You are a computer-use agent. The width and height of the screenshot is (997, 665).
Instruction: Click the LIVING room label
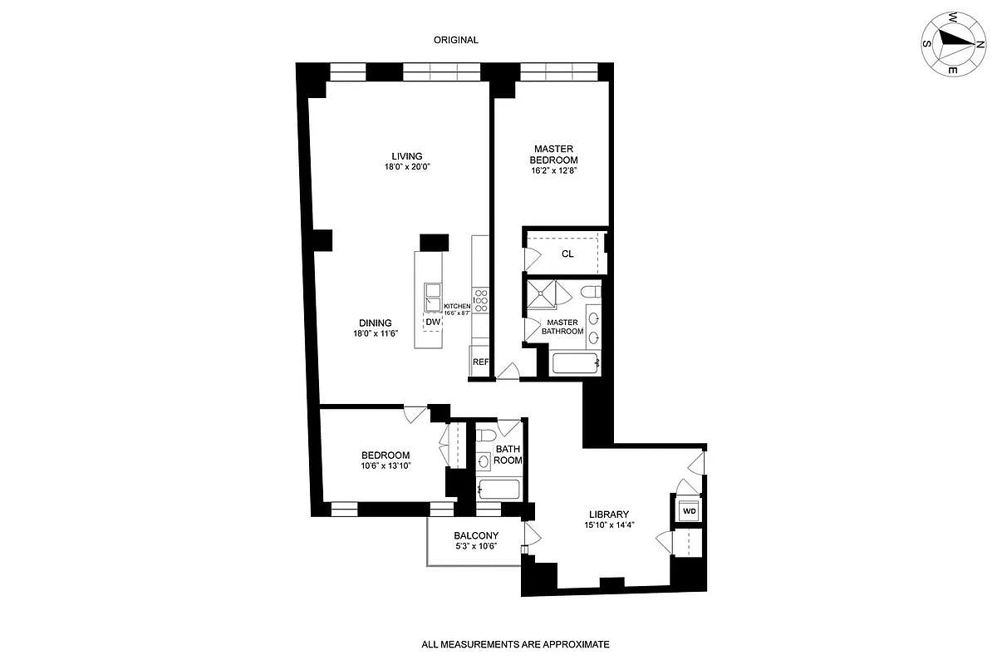[407, 155]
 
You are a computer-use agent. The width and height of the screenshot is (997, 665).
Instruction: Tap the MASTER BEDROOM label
[555, 155]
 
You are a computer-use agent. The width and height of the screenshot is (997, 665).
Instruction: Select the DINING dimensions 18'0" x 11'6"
[376, 334]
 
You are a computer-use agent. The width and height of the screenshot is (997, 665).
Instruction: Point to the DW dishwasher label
[433, 323]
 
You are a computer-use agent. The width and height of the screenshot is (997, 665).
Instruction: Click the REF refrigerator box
[480, 362]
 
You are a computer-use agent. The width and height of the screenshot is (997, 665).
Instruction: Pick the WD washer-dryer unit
[689, 510]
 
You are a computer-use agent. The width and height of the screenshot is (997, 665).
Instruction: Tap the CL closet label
[567, 254]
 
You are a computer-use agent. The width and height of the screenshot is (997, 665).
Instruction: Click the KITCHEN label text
[457, 306]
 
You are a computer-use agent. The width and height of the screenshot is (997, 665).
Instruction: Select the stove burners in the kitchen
[481, 298]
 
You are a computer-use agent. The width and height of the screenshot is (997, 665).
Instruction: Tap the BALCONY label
[476, 535]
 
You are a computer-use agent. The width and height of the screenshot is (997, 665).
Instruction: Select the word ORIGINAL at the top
[456, 40]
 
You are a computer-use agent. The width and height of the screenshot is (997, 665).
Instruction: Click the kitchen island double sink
[433, 297]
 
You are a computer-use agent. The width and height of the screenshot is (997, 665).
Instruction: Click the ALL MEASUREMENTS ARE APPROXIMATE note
[515, 644]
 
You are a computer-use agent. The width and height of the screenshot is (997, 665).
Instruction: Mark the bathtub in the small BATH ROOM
[498, 489]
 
